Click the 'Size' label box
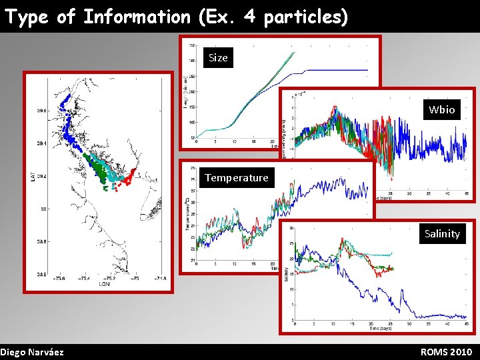point(218,58)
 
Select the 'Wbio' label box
point(441,109)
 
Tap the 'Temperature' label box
point(237,177)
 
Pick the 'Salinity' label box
point(442,233)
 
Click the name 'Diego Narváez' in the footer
point(32,351)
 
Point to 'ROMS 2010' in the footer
point(446,351)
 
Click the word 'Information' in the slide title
point(136,17)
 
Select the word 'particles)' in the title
point(306,17)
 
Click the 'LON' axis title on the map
point(105,284)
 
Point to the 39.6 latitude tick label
point(41,111)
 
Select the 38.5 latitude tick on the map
point(41,274)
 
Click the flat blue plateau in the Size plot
point(340,70)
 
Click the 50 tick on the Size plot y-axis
point(192,137)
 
